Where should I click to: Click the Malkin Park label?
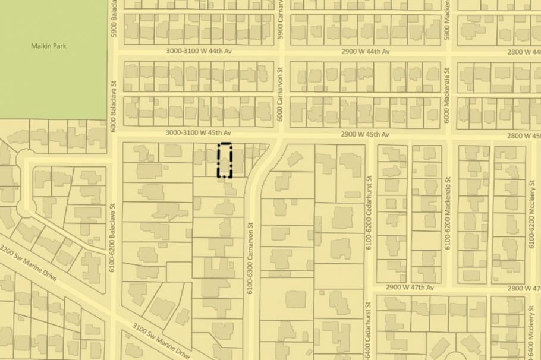pos(43,45)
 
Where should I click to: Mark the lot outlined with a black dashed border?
pos(224,160)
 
